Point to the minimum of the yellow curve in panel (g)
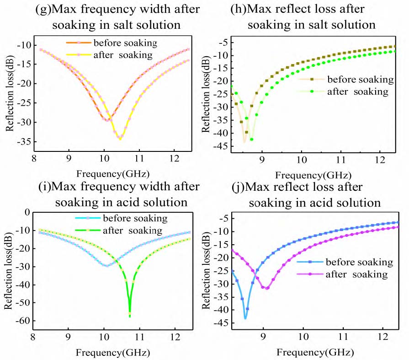click(120, 138)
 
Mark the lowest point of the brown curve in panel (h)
click(244, 142)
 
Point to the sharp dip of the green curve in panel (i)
click(130, 316)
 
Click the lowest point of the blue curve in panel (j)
click(245, 318)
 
